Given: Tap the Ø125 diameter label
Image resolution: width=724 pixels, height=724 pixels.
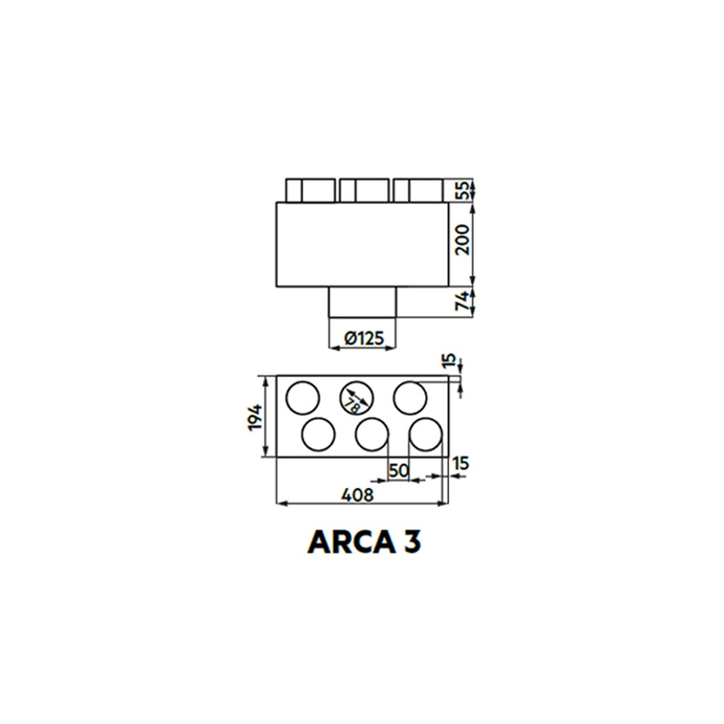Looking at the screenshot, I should (x=364, y=338).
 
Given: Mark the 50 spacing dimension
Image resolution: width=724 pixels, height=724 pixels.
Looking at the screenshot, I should (x=398, y=469).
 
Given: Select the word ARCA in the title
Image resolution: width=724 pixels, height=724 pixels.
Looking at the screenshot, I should (x=344, y=541).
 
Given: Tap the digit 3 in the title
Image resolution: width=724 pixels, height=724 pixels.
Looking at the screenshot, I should (x=410, y=541).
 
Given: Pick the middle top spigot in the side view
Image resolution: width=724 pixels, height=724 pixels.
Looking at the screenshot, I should (x=364, y=190).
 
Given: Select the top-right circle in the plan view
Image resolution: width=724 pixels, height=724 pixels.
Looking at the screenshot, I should (x=411, y=397).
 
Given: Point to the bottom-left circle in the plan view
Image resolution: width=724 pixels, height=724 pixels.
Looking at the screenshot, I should (x=319, y=434).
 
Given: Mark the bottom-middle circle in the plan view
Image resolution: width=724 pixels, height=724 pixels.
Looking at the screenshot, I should (x=372, y=434).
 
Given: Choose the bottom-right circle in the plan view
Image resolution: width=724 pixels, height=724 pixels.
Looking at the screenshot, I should (x=425, y=434).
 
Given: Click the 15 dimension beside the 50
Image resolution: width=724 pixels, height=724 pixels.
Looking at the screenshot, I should (x=461, y=463).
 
